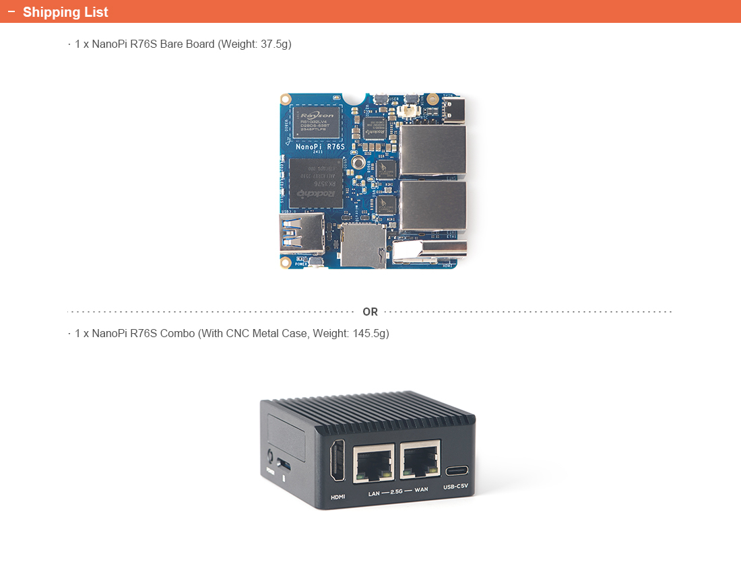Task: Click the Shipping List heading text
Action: click(x=65, y=12)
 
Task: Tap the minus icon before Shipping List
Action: click(x=11, y=11)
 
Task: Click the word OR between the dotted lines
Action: click(x=370, y=312)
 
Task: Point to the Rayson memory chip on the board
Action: click(x=316, y=122)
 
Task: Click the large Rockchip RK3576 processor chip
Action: click(x=315, y=183)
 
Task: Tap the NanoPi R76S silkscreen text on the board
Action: click(x=320, y=147)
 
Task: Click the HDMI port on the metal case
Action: click(x=337, y=460)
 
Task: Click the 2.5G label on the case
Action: click(x=397, y=491)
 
